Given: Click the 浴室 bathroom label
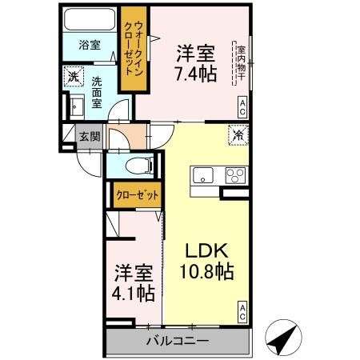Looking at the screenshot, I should pyautogui.click(x=90, y=46).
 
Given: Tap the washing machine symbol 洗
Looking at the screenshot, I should pyautogui.click(x=74, y=77).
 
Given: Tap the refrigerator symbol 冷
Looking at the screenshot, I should pyautogui.click(x=238, y=136).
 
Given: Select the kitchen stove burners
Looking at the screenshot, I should pyautogui.click(x=234, y=175).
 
